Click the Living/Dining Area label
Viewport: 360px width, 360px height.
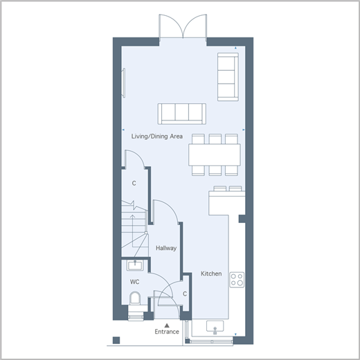click(x=157, y=136)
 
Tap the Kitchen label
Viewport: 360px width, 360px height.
click(x=211, y=273)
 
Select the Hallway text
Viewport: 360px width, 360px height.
click(x=166, y=249)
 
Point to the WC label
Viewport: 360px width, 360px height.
click(x=134, y=282)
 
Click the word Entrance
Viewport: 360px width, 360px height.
click(x=167, y=332)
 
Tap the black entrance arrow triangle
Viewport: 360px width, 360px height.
click(x=167, y=325)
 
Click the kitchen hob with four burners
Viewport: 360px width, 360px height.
click(x=237, y=280)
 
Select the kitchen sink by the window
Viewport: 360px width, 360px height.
click(x=215, y=327)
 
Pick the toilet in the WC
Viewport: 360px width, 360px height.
click(x=135, y=299)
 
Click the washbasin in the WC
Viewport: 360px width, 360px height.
click(x=135, y=265)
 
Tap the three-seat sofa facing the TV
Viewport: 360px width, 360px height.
click(x=182, y=114)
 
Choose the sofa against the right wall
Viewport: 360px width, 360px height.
click(x=228, y=77)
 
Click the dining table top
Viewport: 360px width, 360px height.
click(x=215, y=155)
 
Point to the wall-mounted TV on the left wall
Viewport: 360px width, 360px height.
click(x=124, y=82)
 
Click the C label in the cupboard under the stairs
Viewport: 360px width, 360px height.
click(x=134, y=183)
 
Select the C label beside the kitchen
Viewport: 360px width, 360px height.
click(x=185, y=294)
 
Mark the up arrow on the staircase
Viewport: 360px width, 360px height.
click(x=133, y=231)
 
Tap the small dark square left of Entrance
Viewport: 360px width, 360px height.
click(x=116, y=341)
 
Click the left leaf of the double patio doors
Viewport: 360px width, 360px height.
click(x=171, y=26)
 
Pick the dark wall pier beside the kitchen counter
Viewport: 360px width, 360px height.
click(x=242, y=219)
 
